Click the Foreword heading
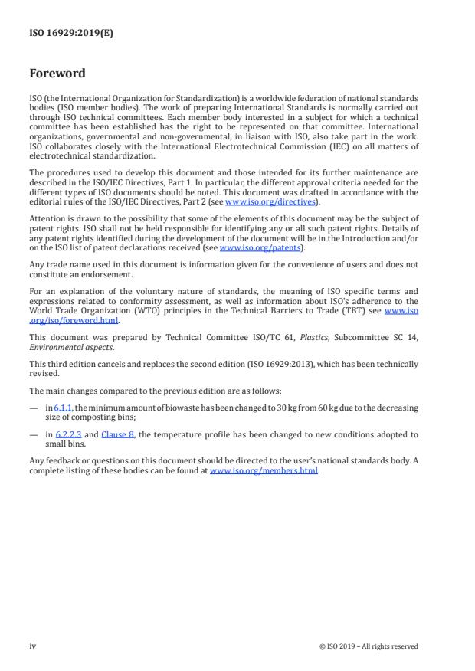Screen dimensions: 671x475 click(x=57, y=74)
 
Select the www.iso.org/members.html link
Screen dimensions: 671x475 click(x=264, y=470)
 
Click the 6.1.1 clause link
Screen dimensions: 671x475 click(x=64, y=408)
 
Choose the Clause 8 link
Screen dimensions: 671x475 click(x=118, y=434)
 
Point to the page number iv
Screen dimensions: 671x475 click(x=33, y=646)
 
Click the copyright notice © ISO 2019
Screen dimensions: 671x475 click(x=369, y=646)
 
